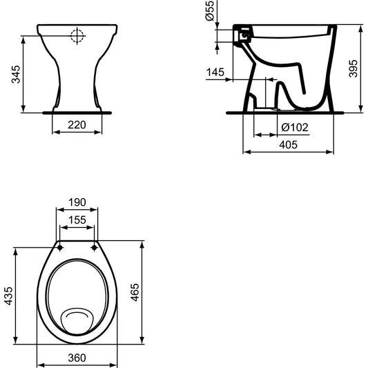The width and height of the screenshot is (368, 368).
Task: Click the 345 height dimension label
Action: click(16, 75)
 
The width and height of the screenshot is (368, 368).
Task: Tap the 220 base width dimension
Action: click(77, 125)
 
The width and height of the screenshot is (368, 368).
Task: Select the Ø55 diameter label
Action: click(210, 10)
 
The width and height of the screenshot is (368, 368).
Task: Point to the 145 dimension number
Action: click(215, 72)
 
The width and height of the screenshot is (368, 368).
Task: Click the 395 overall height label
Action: click(354, 68)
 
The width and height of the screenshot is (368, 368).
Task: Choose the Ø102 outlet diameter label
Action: click(295, 128)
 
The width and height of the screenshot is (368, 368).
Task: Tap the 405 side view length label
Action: click(289, 144)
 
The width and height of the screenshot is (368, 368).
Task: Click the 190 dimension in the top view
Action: click(77, 202)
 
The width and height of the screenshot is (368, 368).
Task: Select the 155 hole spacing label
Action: click(77, 220)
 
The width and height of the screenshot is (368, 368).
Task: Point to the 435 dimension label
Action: click(9, 296)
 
